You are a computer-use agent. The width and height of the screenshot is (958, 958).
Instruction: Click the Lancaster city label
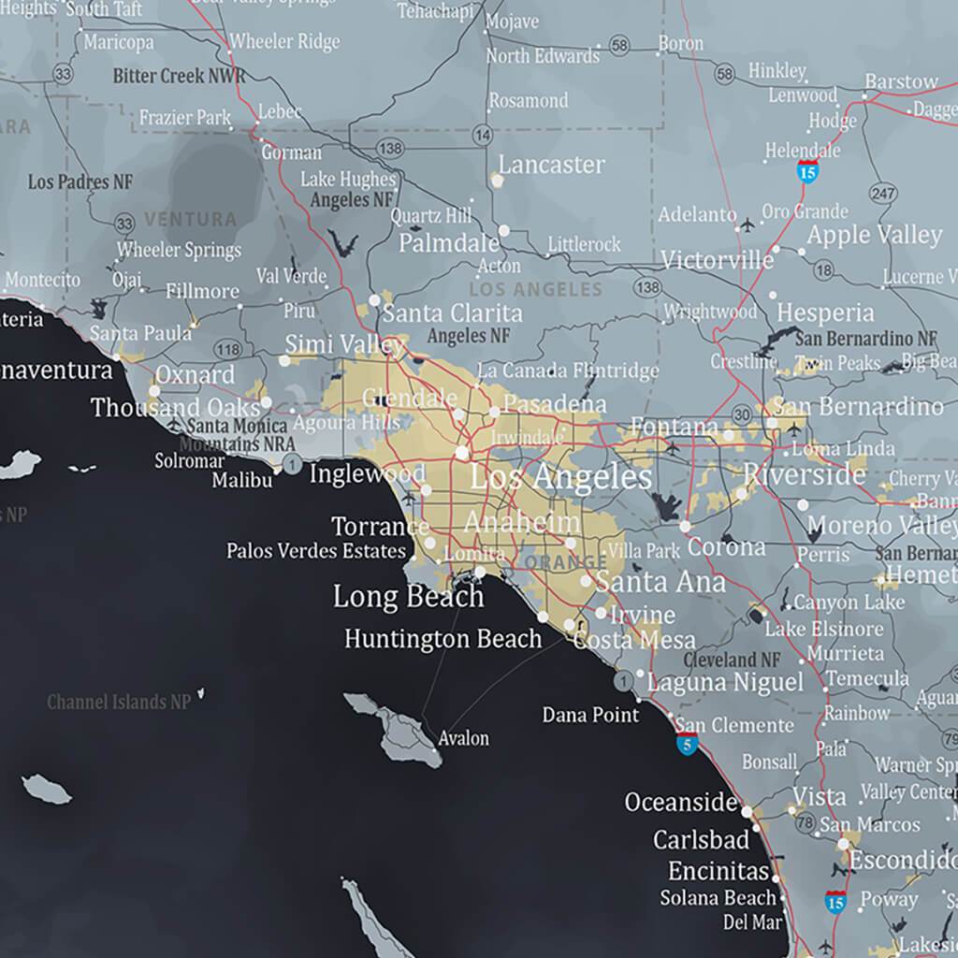[551, 165]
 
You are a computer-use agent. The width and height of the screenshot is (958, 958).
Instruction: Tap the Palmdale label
[449, 243]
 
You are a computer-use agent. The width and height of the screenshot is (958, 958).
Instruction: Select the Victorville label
[717, 259]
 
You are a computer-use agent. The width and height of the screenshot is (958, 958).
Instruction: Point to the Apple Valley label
[874, 234]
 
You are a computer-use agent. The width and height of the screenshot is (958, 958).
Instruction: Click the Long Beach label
[408, 596]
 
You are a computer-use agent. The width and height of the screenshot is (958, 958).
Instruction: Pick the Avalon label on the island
[463, 738]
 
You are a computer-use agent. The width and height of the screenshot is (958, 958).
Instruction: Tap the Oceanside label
[681, 802]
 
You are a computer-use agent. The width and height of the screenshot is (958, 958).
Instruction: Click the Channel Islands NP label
[119, 701]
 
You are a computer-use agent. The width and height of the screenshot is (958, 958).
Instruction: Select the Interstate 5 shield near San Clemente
[688, 745]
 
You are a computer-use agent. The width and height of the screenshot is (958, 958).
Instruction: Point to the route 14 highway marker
[483, 137]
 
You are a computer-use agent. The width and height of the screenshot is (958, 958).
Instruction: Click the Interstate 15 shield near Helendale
[807, 170]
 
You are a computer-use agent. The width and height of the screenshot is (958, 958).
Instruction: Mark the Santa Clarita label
[452, 312]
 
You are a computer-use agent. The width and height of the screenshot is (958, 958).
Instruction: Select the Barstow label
[901, 81]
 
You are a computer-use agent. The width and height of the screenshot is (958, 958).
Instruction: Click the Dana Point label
[590, 715]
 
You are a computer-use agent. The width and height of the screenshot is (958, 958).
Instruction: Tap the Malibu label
[241, 480]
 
